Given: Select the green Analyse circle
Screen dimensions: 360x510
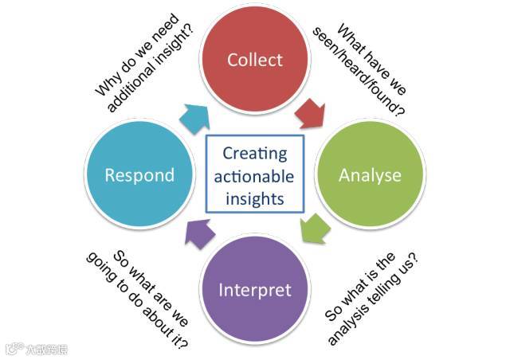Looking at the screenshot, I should tap(369, 174).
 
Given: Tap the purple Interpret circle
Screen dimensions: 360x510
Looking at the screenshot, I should tap(255, 288).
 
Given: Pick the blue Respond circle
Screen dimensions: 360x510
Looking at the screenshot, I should tap(140, 174).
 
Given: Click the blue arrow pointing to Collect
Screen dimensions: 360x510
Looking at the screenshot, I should tap(193, 117).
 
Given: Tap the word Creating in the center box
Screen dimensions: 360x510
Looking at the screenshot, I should tap(254, 153).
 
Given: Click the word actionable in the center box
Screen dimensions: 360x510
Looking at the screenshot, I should tap(254, 175).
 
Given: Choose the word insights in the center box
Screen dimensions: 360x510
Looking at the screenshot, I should tap(254, 198).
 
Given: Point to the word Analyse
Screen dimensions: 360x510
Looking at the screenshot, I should tap(369, 174).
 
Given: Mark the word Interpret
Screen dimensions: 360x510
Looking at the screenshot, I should tap(255, 288).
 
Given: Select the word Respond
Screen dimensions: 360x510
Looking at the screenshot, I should tap(140, 174).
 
